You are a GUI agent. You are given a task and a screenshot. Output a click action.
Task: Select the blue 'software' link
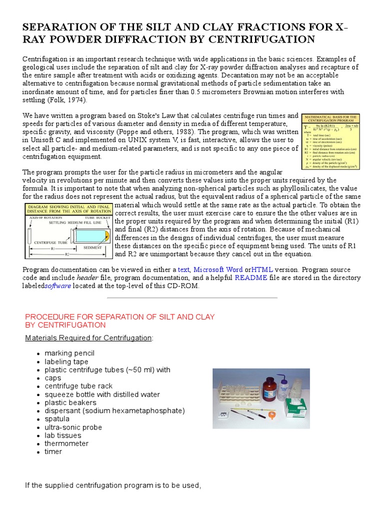click(58, 286)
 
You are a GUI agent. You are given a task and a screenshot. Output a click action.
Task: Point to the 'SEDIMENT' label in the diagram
click(92, 247)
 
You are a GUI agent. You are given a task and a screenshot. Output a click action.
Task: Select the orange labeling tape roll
click(271, 414)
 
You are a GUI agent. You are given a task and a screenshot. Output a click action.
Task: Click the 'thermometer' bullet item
click(66, 443)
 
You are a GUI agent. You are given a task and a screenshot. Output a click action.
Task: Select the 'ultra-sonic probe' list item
click(73, 427)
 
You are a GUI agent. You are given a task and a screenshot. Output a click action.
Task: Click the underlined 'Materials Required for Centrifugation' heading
click(88, 338)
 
